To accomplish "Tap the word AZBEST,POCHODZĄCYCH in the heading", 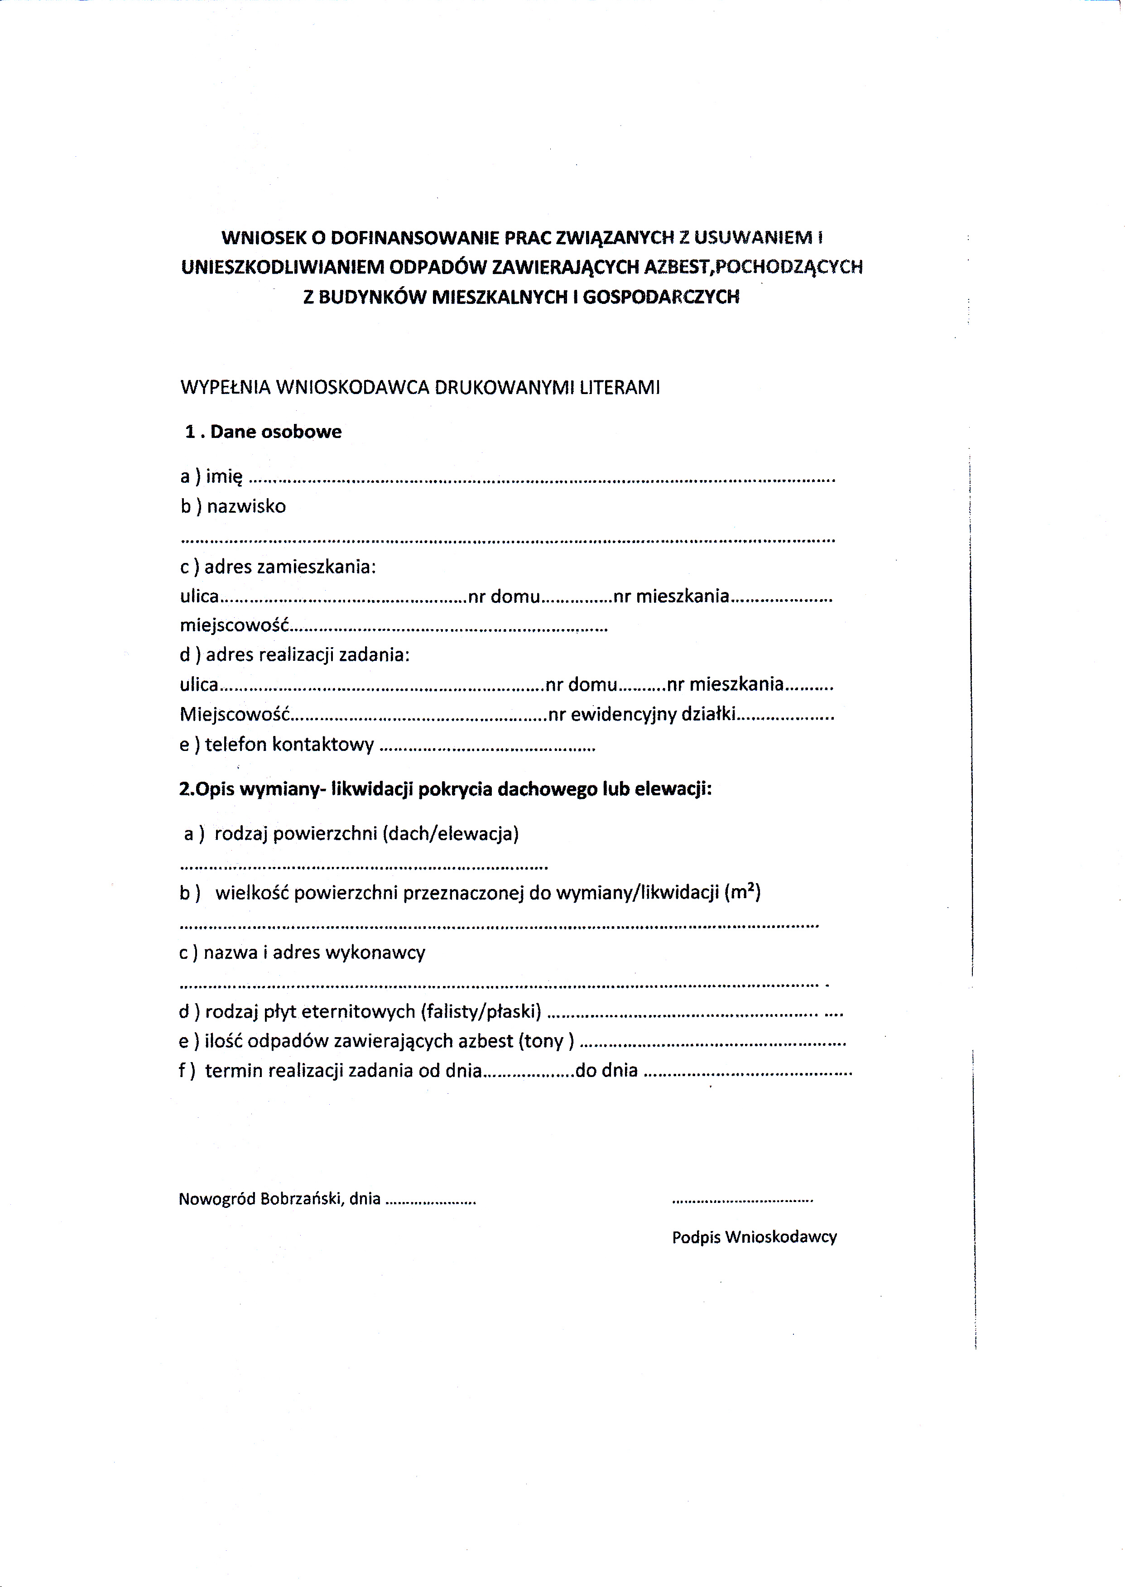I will coord(754,267).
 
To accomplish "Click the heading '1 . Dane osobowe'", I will coord(263,432).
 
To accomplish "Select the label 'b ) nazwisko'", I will coord(233,506).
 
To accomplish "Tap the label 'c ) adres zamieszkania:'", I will coord(278,567).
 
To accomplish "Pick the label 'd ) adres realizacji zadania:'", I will coord(294,654).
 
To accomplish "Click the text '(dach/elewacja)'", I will coord(450,833).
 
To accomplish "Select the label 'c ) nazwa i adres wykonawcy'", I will coord(302,952).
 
